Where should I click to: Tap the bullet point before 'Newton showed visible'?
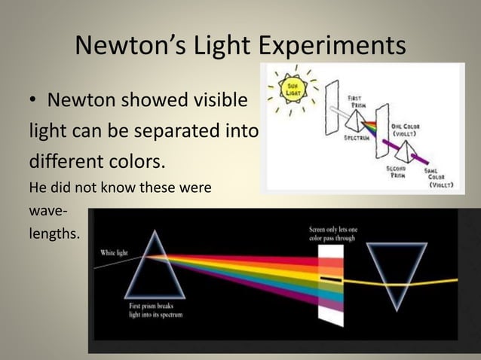point(34,101)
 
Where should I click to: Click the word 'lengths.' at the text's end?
point(54,234)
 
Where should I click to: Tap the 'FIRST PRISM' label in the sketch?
point(359,101)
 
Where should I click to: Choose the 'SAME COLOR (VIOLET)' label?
point(440,178)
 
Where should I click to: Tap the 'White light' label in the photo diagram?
point(117,252)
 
